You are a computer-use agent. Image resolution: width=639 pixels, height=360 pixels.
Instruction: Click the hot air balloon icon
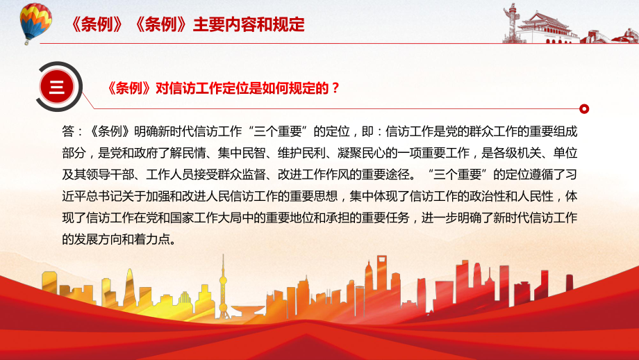(x=35, y=23)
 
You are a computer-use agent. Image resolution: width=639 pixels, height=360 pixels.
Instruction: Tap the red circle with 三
(x=57, y=87)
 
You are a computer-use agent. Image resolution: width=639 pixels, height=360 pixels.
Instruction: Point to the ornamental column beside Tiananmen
(x=510, y=22)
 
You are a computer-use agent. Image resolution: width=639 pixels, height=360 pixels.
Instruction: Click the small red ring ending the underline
(x=584, y=109)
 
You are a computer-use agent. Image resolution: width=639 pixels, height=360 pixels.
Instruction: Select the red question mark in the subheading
(x=335, y=88)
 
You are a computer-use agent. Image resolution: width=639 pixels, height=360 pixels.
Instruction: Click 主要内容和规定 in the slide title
(x=249, y=24)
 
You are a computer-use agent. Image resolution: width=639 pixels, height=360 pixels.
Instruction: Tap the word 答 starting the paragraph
(x=68, y=131)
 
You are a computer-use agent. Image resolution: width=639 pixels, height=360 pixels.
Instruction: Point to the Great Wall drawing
(x=609, y=36)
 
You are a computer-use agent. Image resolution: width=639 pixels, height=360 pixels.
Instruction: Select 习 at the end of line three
(x=572, y=174)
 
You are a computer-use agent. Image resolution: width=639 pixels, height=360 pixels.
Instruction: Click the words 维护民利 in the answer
(x=301, y=153)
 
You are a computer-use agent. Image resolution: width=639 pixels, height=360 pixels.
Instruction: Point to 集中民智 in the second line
(x=242, y=153)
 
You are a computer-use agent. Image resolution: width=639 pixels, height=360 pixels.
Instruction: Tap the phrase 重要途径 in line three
(x=385, y=174)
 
